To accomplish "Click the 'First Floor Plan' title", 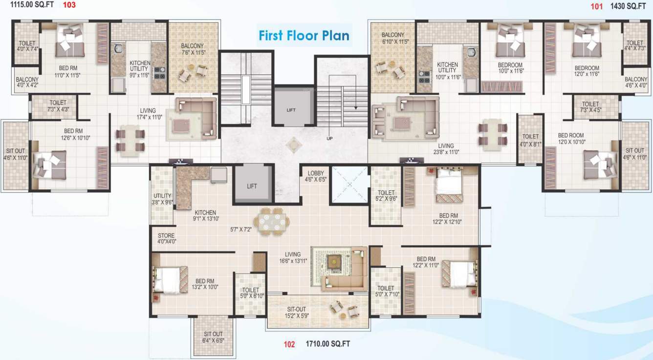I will tap(304, 35).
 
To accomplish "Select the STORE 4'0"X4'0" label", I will tap(166, 238).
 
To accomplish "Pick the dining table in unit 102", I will tap(272, 222).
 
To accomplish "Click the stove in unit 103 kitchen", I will tap(159, 73).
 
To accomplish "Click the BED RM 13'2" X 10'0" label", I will tap(204, 284).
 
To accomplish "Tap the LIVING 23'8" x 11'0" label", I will tap(445, 149).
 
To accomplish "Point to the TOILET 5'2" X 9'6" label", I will tap(386, 195).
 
